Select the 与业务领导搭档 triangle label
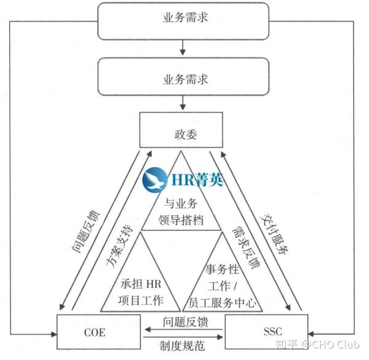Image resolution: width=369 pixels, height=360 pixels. pyautogui.click(x=184, y=209)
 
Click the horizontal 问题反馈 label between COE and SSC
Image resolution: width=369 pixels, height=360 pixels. pyautogui.click(x=184, y=321)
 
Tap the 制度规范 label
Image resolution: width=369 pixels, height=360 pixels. pyautogui.click(x=184, y=346)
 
